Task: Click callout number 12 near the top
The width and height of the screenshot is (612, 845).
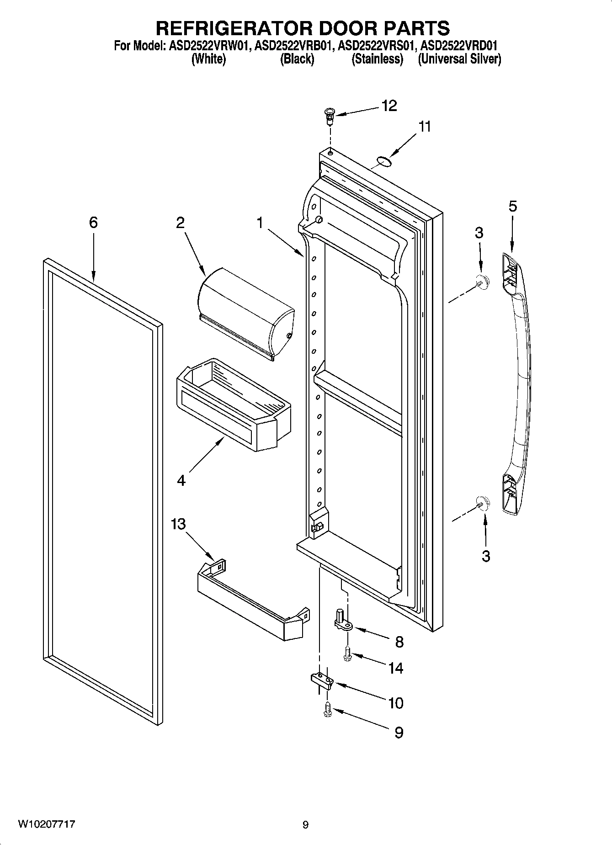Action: [389, 106]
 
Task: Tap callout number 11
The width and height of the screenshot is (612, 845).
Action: [425, 127]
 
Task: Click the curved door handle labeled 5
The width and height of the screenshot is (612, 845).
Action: [517, 384]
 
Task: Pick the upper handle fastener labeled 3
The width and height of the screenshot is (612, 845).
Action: [482, 282]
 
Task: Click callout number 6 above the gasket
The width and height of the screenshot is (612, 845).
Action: [93, 223]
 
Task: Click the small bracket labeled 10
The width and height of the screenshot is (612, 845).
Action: [323, 680]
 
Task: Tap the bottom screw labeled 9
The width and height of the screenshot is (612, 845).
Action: [327, 709]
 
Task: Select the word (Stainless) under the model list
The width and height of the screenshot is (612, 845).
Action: [377, 59]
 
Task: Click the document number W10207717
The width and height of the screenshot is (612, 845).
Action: [46, 824]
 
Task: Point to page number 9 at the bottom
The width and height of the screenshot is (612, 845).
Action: [306, 825]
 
